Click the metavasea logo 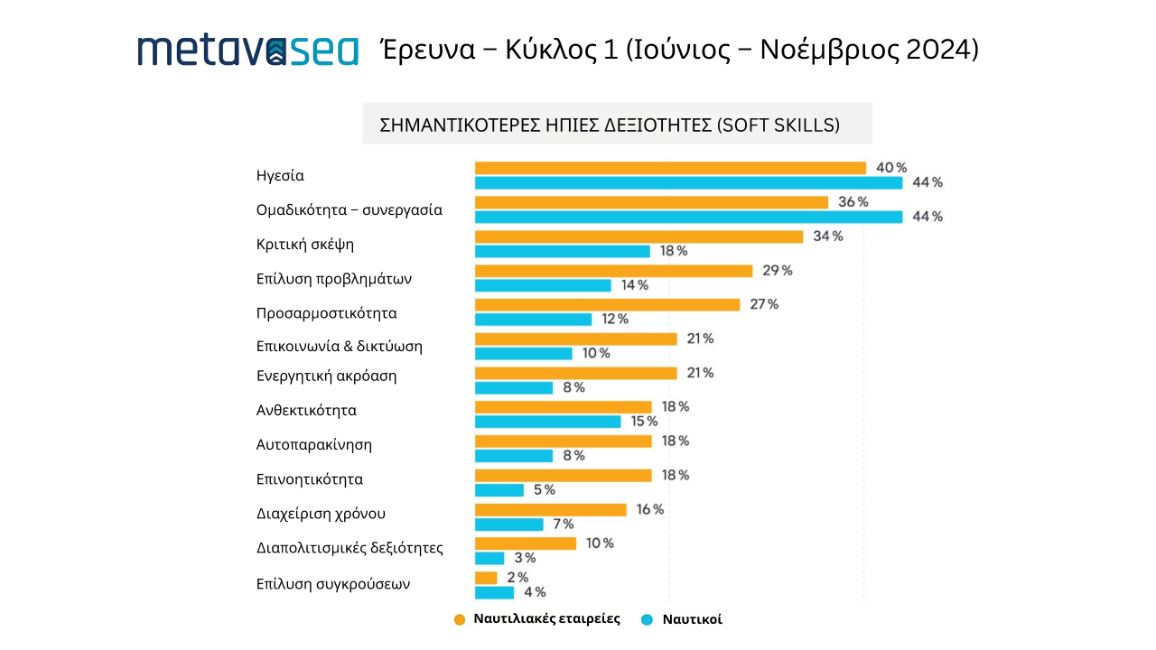point(247,51)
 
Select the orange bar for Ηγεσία point(670,168)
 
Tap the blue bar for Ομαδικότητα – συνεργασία point(688,217)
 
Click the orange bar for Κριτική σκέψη point(639,237)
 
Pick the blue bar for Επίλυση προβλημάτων point(543,285)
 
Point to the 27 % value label point(763,304)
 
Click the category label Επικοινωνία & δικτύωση point(340,346)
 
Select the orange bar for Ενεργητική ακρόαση point(575,373)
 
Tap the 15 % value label point(644,422)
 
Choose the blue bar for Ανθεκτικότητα point(547,422)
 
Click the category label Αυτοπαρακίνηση point(314,445)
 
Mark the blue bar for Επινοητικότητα point(499,490)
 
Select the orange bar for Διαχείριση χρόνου point(550,510)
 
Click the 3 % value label point(524,558)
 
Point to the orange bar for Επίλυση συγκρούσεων point(486,578)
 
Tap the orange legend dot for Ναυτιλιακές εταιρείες point(459,619)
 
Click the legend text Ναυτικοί point(693,619)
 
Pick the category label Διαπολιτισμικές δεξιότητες point(350,548)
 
